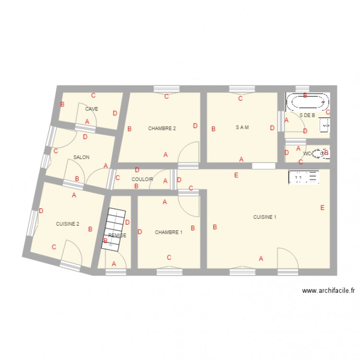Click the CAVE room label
[91, 109]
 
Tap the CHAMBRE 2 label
[162, 128]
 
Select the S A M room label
[242, 128]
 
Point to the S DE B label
[307, 115]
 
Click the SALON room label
[82, 157]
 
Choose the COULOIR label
[142, 180]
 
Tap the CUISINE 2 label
[68, 224]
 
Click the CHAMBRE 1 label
[168, 232]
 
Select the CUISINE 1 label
[264, 217]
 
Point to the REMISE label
[118, 235]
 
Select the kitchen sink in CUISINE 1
[303, 177]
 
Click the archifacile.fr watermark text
[329, 290]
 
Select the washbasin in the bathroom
[325, 126]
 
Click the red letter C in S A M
[240, 99]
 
